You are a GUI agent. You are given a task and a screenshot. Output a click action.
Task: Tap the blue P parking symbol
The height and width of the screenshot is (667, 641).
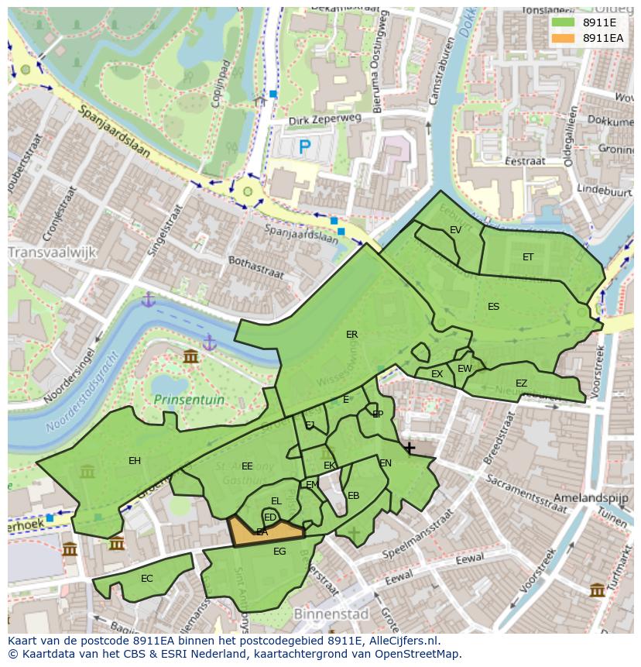coord(304,146)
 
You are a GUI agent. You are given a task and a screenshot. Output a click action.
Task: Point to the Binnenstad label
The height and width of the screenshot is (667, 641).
coord(331,614)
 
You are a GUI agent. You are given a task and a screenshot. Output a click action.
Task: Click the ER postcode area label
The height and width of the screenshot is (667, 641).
coord(352,335)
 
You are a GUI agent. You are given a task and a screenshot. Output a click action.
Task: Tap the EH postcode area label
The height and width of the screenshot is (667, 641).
coord(135,461)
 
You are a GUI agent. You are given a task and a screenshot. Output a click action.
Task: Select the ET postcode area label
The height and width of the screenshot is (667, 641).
coord(528,257)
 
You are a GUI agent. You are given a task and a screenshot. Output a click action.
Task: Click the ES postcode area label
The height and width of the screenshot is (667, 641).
coord(493,307)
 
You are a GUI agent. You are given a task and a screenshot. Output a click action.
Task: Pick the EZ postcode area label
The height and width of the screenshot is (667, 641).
coord(521,383)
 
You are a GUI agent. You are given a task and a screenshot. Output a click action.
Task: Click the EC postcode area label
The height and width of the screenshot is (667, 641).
coord(147,579)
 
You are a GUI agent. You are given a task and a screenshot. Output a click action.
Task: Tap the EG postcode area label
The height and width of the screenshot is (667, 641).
coord(279,552)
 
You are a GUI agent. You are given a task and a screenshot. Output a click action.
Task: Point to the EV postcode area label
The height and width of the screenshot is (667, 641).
coord(455,230)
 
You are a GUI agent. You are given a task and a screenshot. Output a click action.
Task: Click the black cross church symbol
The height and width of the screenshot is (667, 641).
coord(409,448)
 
